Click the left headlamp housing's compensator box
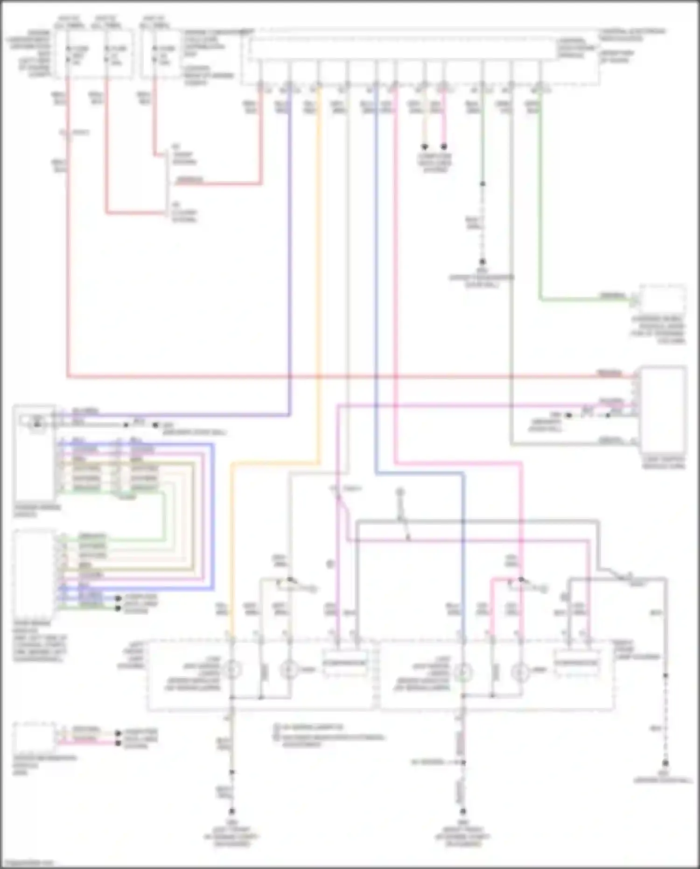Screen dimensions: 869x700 (345, 663)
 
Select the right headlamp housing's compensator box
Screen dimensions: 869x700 (576, 663)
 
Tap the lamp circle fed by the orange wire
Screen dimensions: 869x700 (231, 671)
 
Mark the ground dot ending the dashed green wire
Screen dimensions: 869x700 (483, 262)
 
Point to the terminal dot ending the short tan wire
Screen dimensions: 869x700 (425, 147)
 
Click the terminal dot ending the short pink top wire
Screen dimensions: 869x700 (444, 147)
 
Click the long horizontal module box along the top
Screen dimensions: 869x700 (404, 49)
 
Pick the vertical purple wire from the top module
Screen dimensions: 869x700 (289, 257)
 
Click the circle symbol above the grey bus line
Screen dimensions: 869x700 (400, 492)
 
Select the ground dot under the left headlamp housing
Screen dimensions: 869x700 (231, 811)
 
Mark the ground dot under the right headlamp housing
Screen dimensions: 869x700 (462, 811)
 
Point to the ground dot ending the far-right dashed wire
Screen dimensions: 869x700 (665, 763)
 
